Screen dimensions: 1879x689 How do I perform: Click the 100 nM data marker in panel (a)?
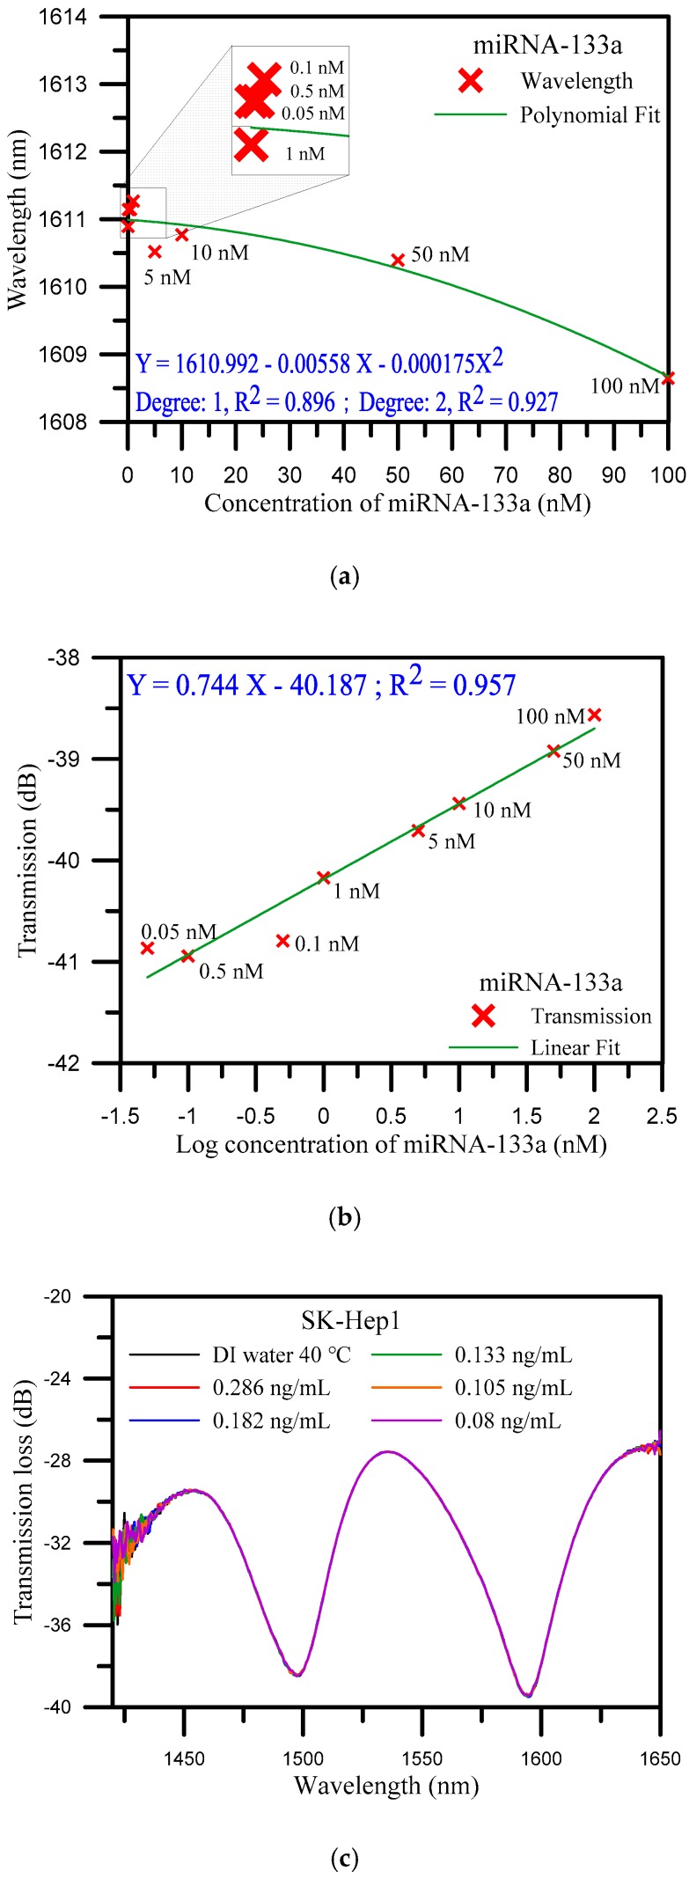click(668, 378)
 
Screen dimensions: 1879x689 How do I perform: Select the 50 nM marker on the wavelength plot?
click(397, 260)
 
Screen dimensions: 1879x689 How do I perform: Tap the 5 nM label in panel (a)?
click(166, 278)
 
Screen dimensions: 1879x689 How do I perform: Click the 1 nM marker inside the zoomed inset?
click(252, 145)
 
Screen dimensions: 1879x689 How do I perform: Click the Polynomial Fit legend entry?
click(590, 115)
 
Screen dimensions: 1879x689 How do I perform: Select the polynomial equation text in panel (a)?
click(319, 363)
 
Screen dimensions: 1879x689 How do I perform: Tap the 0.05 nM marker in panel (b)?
click(147, 948)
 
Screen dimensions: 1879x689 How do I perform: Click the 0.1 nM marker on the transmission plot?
click(282, 941)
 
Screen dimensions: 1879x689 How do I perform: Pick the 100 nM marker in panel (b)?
click(594, 715)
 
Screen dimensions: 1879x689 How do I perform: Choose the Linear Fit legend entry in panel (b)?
click(575, 1047)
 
